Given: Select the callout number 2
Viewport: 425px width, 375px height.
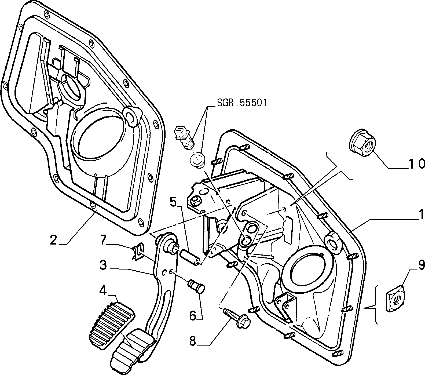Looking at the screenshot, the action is tap(54, 240).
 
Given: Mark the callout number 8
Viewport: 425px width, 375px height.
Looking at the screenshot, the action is tap(193, 341).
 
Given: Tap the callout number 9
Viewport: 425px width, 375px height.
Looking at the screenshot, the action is tap(420, 265).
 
